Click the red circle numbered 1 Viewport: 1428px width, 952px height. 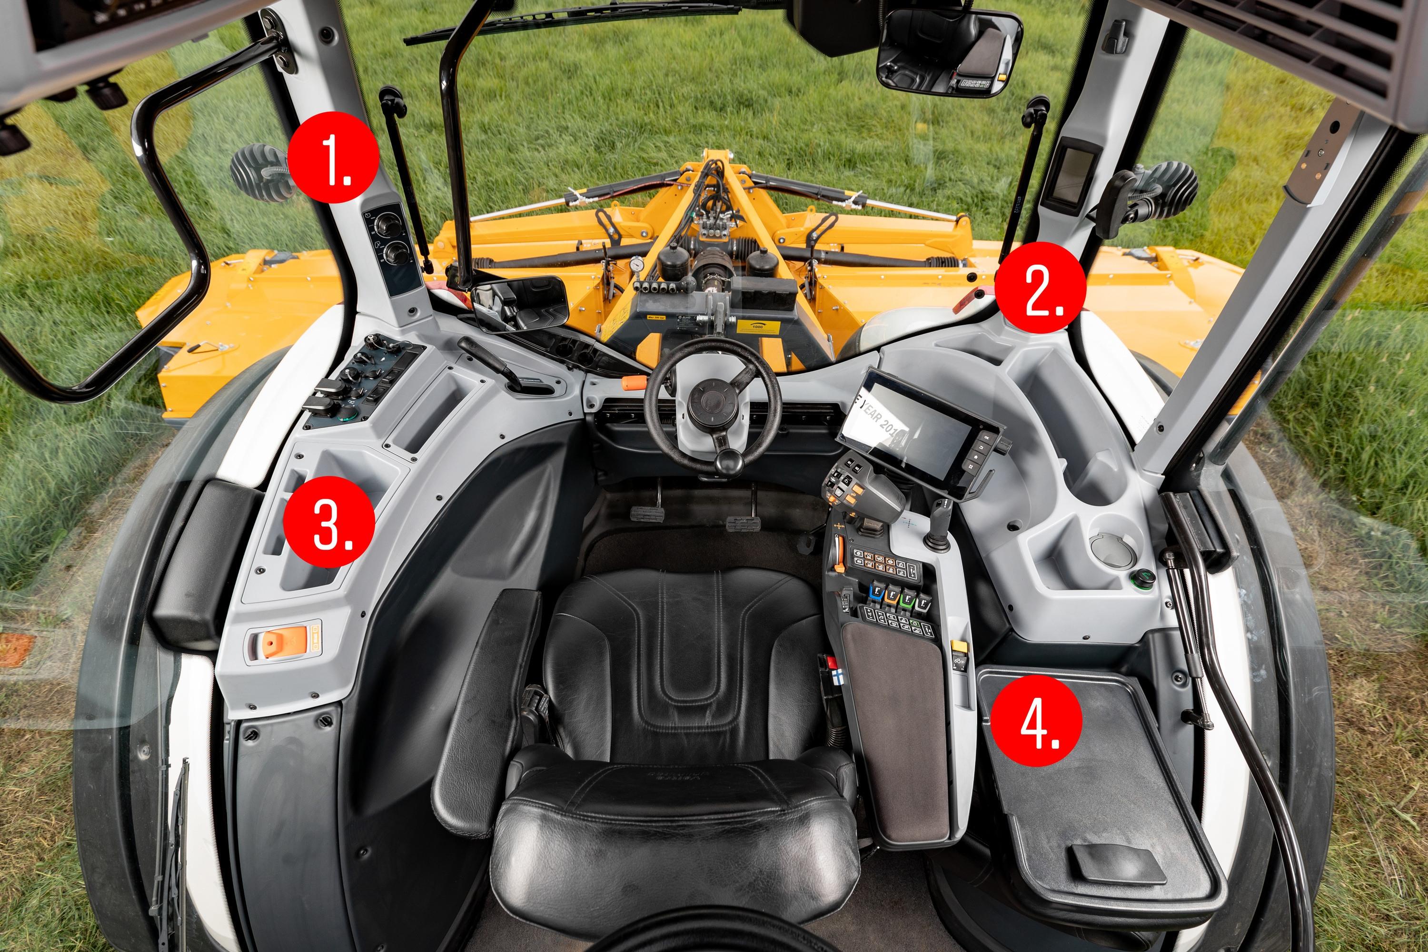pyautogui.click(x=333, y=157)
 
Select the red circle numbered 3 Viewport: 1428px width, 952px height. pyautogui.click(x=328, y=522)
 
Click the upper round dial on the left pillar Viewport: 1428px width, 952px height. pyautogui.click(x=385, y=226)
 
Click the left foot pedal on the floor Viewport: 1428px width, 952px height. pyautogui.click(x=646, y=513)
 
